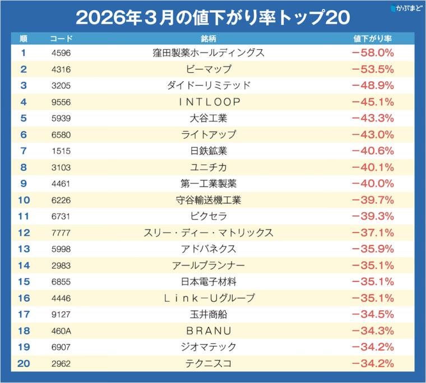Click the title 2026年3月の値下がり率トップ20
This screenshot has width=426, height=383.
coord(212,16)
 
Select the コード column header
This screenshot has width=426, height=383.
coord(61,39)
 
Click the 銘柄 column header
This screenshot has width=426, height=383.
coord(209,39)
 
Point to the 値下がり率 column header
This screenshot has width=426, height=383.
coord(373,39)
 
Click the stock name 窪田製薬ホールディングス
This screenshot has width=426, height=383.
coord(209,53)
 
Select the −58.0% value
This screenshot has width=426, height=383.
coord(373,53)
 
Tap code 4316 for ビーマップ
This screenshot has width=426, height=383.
coord(61,69)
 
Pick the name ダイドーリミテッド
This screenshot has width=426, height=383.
coord(209,86)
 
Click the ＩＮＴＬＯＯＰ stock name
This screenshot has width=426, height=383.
coord(209,102)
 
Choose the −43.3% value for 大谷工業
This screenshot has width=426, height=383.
coord(373,118)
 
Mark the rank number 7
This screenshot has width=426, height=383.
coord(24,151)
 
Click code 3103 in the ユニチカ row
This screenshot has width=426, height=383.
coord(61,167)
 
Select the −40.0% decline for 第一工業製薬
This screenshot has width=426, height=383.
coord(373,183)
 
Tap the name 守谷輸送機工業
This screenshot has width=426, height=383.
coord(209,200)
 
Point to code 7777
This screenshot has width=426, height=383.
coord(61,232)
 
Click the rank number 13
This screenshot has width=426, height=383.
coord(24,249)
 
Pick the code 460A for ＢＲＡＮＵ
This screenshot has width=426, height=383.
coord(61,330)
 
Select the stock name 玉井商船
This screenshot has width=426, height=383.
coord(209,314)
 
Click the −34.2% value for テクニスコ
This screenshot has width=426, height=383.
coord(373,363)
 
